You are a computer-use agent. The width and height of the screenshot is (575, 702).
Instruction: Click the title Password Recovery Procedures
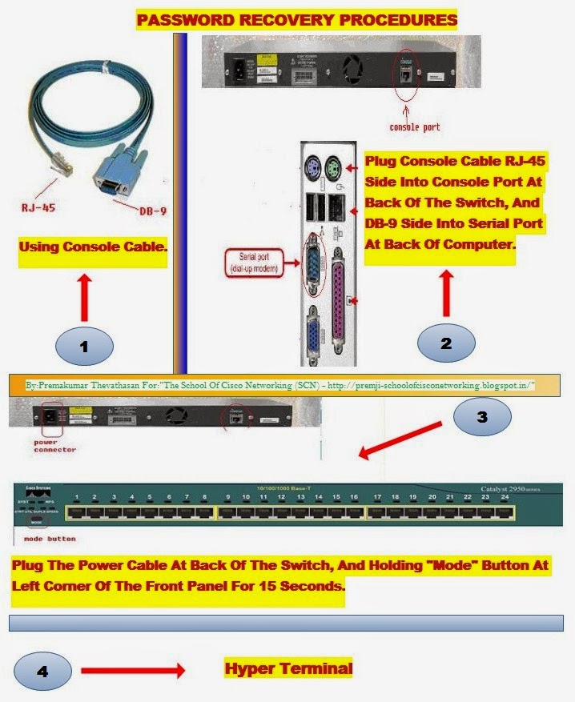pyautogui.click(x=297, y=18)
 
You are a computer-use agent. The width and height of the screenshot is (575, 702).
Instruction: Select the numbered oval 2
pyautogui.click(x=446, y=343)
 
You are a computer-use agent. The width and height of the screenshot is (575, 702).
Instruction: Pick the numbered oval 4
pyautogui.click(x=43, y=672)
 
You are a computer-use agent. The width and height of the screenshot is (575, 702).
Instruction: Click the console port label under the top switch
pyautogui.click(x=414, y=126)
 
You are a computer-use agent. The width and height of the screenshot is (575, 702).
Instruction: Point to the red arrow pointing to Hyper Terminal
pyautogui.click(x=132, y=670)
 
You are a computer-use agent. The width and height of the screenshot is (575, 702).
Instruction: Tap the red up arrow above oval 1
pyautogui.click(x=82, y=296)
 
